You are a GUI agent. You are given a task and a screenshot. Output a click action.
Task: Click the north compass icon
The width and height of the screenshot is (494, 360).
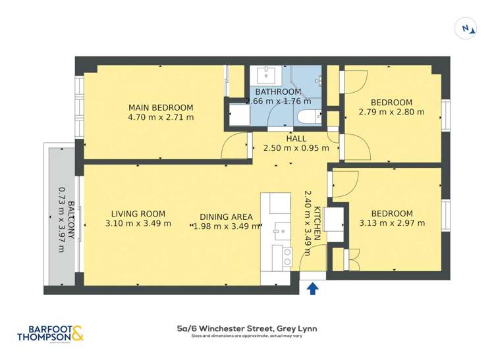click(x=466, y=28)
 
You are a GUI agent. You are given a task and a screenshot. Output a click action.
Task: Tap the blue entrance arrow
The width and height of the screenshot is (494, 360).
click(x=312, y=288)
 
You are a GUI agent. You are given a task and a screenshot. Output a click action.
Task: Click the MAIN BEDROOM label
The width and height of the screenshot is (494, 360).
click(x=161, y=108)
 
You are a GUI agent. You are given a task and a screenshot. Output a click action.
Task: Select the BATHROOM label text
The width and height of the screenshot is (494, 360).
click(x=278, y=91)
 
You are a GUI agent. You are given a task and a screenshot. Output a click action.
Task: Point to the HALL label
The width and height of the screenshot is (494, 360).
click(x=296, y=138)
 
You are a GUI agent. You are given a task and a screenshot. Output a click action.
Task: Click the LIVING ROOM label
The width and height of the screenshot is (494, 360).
click(x=138, y=214)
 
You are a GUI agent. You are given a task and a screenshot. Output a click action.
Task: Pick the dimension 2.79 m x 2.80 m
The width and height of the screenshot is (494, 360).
click(x=391, y=112)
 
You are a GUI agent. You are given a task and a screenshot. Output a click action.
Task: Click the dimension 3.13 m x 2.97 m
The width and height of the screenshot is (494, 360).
click(x=391, y=223)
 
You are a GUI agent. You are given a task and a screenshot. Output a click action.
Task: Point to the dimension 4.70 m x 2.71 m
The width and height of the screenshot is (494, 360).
click(x=161, y=118)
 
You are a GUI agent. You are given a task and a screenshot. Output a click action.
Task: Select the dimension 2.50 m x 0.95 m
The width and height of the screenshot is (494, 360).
click(x=296, y=148)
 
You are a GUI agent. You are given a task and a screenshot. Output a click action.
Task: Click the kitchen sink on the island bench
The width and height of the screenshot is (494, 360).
click(x=277, y=230)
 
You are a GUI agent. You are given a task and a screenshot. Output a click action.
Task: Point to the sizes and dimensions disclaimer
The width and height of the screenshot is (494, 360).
click(x=247, y=336)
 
